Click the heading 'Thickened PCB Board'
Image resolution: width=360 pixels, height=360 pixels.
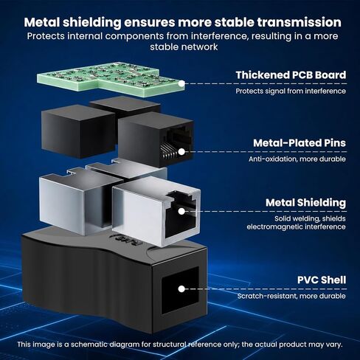[291, 75]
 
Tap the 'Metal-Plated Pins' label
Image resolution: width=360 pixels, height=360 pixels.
[300, 143]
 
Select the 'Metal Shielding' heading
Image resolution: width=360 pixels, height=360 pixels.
[305, 203]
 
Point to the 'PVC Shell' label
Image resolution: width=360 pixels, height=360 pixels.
[322, 280]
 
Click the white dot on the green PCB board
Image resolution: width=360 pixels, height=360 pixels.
[181, 83]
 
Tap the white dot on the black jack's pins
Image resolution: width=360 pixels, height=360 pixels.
[181, 152]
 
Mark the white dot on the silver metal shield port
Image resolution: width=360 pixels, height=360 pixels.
[181, 211]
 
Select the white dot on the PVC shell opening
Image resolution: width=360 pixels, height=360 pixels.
[181, 289]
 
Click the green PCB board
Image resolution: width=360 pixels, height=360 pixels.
[110, 80]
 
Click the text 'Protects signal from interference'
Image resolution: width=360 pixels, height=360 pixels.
[291, 91]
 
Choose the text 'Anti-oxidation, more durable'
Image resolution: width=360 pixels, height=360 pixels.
[297, 159]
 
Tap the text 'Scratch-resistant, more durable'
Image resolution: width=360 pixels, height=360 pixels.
[291, 296]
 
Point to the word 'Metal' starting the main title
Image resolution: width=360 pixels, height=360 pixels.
[42, 22]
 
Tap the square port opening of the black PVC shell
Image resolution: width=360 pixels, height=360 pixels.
[180, 290]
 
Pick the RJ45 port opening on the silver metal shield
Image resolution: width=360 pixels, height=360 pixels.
[181, 215]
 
